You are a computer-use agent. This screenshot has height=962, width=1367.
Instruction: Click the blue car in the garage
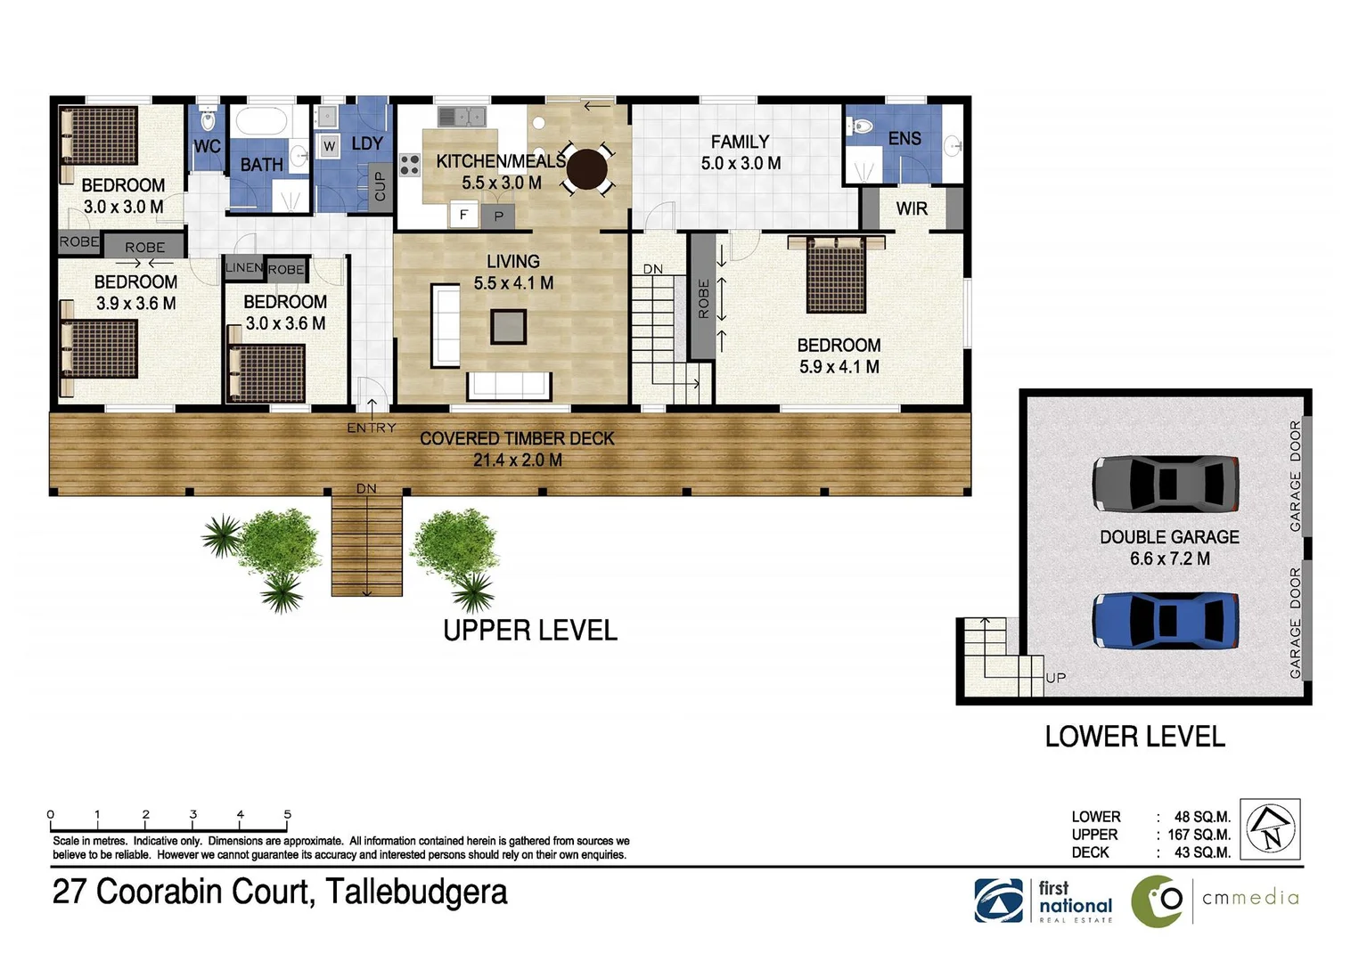[1166, 620]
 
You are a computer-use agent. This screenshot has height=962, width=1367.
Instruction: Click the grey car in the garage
[1166, 484]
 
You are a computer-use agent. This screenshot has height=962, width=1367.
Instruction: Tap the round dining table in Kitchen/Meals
[586, 168]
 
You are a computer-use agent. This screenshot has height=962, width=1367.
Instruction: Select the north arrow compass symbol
[1270, 828]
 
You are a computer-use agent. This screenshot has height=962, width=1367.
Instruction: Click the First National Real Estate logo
[1044, 901]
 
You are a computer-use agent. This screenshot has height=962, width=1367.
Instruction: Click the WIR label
[912, 208]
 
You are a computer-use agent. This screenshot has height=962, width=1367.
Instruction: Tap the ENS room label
[905, 138]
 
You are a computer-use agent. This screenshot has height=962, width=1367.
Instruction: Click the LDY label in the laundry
[367, 143]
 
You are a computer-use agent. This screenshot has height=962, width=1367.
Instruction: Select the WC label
[207, 146]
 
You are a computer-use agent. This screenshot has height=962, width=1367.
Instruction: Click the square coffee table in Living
[508, 326]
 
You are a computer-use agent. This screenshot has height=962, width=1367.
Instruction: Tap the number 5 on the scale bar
[287, 814]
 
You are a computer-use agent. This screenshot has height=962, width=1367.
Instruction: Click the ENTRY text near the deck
[372, 428]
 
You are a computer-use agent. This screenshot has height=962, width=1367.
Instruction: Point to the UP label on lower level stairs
[1056, 678]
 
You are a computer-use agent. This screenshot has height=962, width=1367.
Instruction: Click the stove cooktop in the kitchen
[409, 164]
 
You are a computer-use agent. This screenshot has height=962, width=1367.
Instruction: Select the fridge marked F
[462, 215]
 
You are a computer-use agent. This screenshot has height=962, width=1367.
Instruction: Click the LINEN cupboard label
[243, 267]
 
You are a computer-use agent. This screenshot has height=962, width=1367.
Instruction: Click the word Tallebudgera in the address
[416, 892]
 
